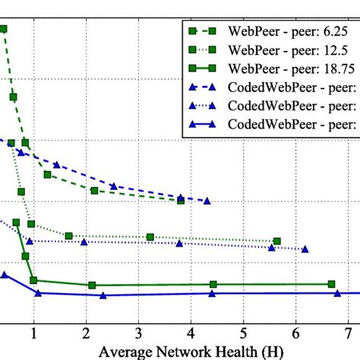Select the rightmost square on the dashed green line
click(x=181, y=200)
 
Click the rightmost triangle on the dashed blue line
click(x=207, y=201)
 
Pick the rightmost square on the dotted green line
click(x=277, y=242)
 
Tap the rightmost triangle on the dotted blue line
click(x=305, y=248)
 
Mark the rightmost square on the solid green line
click(x=332, y=284)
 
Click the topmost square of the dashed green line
click(x=4, y=29)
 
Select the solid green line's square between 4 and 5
click(x=213, y=285)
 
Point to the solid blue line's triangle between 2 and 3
click(x=103, y=295)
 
